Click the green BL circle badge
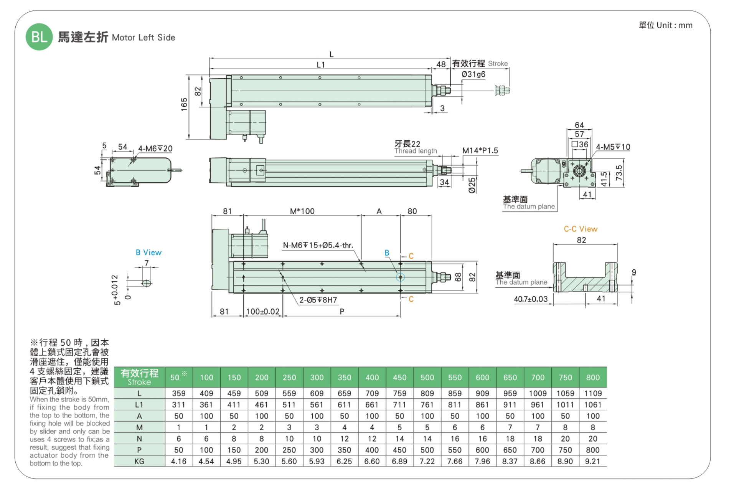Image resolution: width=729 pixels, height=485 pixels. (x=39, y=37)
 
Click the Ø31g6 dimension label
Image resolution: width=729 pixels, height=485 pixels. (x=473, y=74)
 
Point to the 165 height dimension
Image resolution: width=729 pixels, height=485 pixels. (x=184, y=104)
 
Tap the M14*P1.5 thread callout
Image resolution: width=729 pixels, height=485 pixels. (x=480, y=151)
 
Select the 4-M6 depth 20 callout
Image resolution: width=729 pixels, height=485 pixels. (x=155, y=148)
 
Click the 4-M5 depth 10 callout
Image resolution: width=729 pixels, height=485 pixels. (x=613, y=147)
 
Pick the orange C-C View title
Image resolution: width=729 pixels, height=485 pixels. (x=581, y=229)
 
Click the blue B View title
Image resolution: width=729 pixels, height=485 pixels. (x=148, y=252)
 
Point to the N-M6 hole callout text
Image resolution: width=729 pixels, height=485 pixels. (x=318, y=246)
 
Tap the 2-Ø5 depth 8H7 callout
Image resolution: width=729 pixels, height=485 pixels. (x=318, y=300)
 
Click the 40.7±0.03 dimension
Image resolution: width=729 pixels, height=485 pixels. (x=531, y=299)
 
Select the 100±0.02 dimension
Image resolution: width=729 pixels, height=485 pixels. (x=262, y=312)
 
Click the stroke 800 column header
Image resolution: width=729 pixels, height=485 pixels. (x=593, y=378)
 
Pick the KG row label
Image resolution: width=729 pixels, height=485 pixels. (x=139, y=461)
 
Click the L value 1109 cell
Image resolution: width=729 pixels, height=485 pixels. (x=593, y=393)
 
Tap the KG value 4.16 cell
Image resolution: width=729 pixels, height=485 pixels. (x=179, y=461)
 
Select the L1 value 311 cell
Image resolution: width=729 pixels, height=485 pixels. (x=179, y=405)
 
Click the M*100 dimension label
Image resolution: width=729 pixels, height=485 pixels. (x=302, y=211)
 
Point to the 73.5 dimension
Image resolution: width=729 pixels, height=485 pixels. (x=618, y=173)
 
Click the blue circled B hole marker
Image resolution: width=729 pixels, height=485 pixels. (x=400, y=277)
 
